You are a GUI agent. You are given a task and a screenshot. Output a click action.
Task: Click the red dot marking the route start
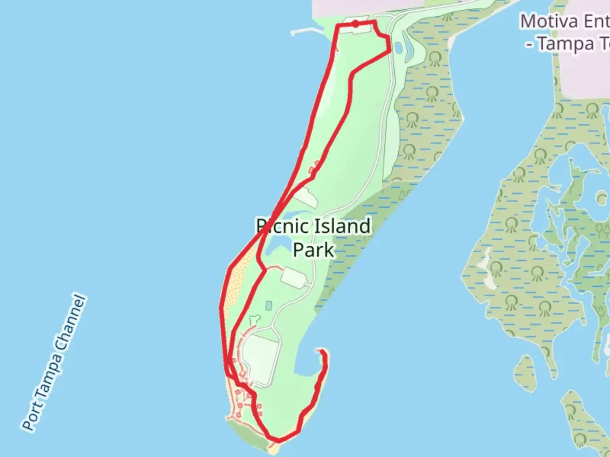click(355, 24)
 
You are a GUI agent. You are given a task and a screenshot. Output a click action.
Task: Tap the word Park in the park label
click(313, 250)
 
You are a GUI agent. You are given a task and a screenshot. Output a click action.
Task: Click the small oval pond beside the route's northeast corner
click(398, 47)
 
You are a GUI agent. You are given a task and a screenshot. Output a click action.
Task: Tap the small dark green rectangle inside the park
click(269, 305)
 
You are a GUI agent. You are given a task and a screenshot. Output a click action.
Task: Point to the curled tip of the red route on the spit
click(323, 352)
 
